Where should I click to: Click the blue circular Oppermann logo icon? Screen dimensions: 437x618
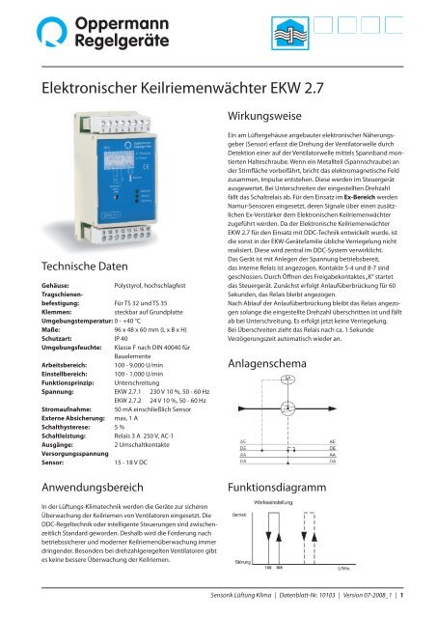27,31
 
